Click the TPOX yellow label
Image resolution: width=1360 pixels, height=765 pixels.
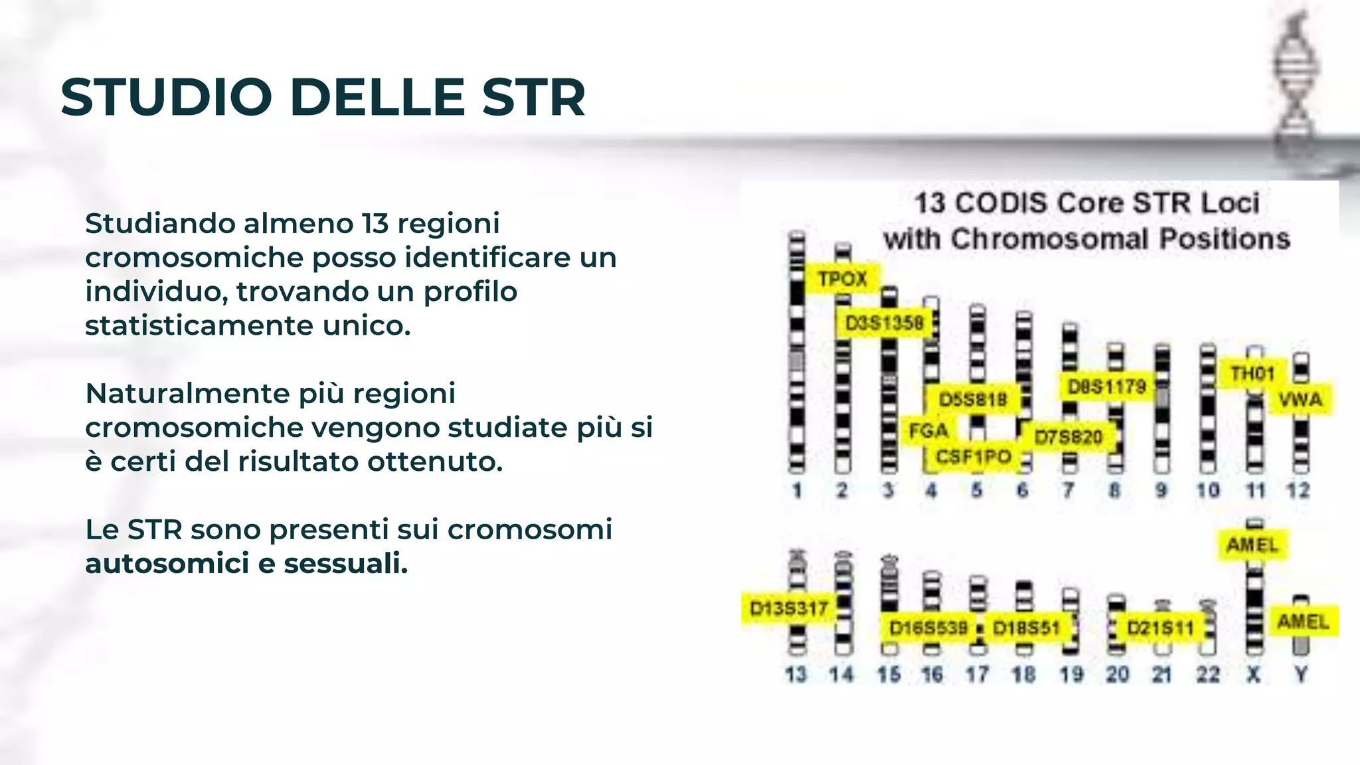click(x=842, y=278)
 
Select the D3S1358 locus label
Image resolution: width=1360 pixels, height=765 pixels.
click(x=884, y=323)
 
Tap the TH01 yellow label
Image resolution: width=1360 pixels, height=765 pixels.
click(x=1252, y=374)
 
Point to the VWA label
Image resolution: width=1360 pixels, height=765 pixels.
click(x=1300, y=400)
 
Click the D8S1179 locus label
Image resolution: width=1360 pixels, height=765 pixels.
click(x=1106, y=386)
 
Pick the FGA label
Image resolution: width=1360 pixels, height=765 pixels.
click(x=928, y=431)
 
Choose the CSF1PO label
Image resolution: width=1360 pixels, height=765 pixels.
click(x=973, y=457)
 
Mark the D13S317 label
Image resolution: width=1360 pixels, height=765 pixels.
click(x=788, y=608)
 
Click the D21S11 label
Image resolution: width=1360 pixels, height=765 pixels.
click(x=1160, y=628)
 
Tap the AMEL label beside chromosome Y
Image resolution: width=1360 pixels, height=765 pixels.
click(x=1303, y=622)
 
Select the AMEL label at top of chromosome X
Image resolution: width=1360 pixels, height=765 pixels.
click(x=1252, y=545)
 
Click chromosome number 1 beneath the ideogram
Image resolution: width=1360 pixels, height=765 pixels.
click(x=797, y=491)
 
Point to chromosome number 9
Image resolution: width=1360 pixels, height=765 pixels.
click(x=1161, y=491)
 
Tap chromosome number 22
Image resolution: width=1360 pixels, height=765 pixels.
click(x=1208, y=675)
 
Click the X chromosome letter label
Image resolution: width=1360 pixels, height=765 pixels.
click(x=1253, y=675)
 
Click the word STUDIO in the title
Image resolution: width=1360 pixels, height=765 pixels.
click(x=166, y=98)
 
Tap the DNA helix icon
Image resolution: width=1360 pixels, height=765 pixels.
click(x=1296, y=80)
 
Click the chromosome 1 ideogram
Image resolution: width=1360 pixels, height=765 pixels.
click(x=797, y=352)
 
